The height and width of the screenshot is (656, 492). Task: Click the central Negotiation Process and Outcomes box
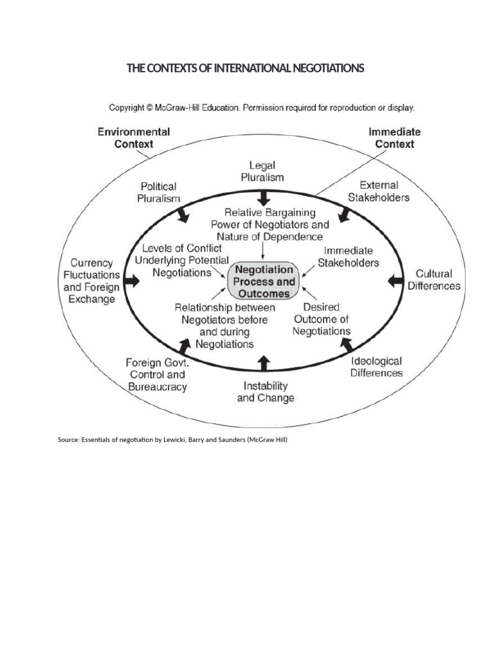tap(264, 281)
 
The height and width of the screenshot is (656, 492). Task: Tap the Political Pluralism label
tap(159, 192)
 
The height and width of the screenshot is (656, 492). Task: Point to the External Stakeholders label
tap(379, 191)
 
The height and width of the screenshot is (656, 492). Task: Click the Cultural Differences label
tap(434, 280)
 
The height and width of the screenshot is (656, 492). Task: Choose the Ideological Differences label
tap(376, 367)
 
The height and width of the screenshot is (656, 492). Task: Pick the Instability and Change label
tap(266, 391)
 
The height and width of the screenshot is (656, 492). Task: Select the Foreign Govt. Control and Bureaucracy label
tap(156, 375)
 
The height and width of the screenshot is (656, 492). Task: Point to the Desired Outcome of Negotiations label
tap(321, 319)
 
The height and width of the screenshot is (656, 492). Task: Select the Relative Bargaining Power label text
tap(270, 224)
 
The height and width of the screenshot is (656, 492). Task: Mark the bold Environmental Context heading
tap(133, 137)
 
